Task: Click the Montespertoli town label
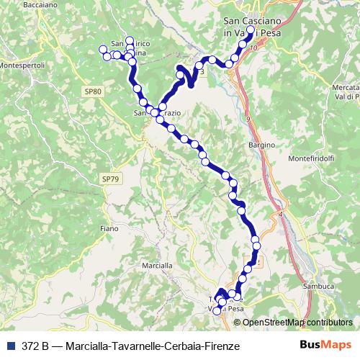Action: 22,65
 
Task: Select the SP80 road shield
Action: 93,91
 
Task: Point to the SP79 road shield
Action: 109,178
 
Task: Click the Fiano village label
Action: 108,228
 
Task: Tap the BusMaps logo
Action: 325,345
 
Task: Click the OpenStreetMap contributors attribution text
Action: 297,323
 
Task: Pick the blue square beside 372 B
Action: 9,346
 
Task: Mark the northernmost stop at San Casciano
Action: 251,30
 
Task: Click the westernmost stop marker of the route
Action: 101,50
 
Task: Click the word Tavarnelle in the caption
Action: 130,346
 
